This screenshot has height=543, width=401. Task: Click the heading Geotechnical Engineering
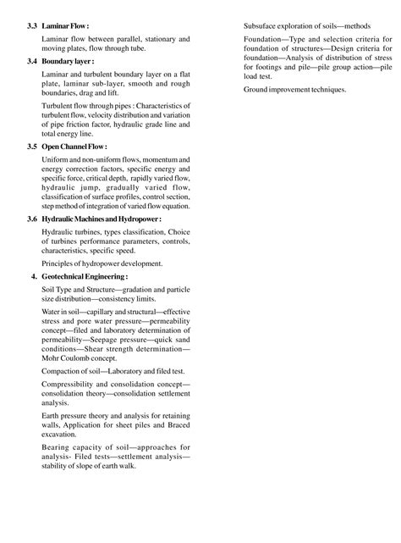85,276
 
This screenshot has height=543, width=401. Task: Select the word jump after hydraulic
93,189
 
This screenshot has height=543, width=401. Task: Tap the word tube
147,47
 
